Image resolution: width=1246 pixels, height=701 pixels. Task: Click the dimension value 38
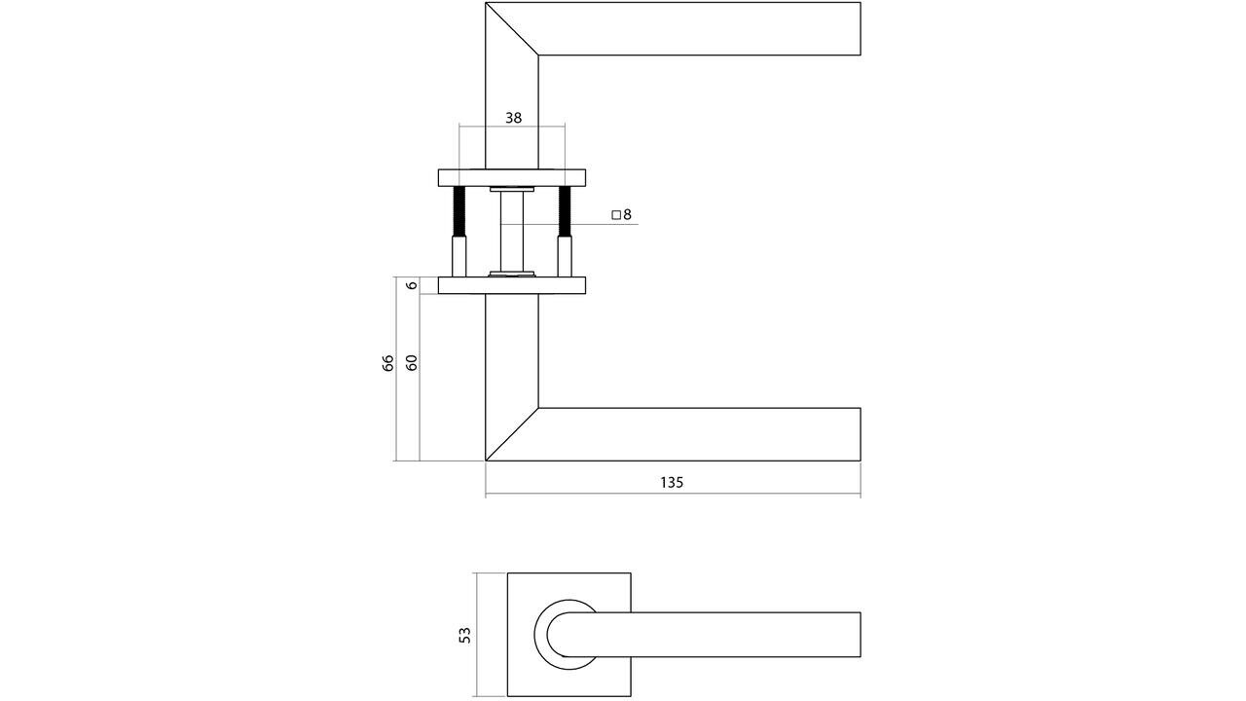[513, 118]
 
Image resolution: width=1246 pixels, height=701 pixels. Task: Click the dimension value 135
[672, 482]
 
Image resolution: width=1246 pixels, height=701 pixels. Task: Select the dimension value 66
[387, 363]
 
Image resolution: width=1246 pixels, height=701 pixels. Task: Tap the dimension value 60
[411, 363]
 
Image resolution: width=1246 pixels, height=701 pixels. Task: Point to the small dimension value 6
[411, 285]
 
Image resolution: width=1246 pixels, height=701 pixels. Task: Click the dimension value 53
[464, 635]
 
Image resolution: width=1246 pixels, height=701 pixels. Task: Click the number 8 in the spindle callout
[628, 214]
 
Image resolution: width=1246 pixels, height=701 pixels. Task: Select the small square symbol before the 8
[616, 214]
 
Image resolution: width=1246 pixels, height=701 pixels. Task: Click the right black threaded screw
[564, 212]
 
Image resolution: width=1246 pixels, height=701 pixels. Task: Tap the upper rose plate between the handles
[511, 176]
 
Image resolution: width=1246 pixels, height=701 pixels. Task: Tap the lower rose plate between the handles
[511, 285]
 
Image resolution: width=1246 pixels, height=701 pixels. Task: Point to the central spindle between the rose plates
[511, 230]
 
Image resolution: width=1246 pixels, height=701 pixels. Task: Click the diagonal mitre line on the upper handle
[511, 28]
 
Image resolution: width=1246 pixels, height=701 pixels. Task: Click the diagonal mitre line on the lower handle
[511, 434]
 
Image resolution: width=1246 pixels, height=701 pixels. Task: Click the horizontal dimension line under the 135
[672, 496]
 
